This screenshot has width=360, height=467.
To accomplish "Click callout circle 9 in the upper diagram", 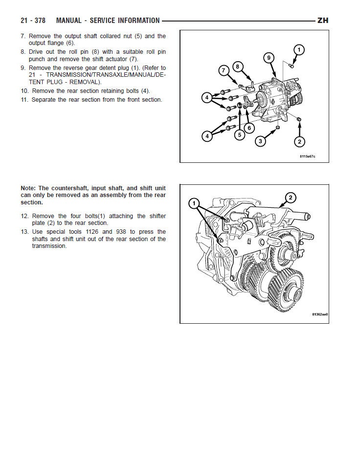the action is pos(269,58).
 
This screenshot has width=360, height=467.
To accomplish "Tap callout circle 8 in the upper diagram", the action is pos(238,67).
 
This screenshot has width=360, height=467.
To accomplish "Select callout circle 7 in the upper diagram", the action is pos(224,70).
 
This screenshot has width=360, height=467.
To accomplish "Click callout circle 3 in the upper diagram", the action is pos(261,141).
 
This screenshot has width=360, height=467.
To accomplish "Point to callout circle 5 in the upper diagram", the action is pos(240,135).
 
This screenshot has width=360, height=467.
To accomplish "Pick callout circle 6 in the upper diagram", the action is pos(249,128).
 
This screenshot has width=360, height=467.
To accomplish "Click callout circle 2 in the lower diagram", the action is pos(291,198).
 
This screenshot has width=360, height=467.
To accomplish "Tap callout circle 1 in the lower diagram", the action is pos(194,203).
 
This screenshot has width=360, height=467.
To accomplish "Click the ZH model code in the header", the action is pos(323,21).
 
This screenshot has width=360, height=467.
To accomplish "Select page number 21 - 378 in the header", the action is pos(33,21).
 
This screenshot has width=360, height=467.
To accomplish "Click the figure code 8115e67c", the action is pos(307,156).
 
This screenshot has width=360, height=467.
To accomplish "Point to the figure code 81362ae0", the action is pos(320,314).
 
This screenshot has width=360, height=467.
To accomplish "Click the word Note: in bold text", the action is pos(28,188).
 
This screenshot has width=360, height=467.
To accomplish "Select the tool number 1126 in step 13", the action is pos(92,232).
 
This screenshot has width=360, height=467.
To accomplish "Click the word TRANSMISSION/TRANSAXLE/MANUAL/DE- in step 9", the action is pos(106,75).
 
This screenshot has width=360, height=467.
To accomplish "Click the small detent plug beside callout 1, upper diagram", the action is pos(292,66).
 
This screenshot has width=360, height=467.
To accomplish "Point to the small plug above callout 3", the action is pos(278,128).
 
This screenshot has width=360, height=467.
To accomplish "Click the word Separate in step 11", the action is pos(43,100).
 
